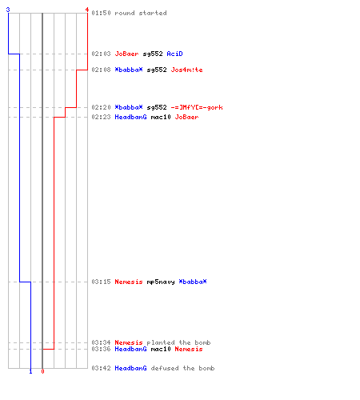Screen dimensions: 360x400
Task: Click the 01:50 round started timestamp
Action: [101, 13]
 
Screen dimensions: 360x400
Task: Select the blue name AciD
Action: [174, 54]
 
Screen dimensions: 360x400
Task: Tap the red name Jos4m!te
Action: [186, 70]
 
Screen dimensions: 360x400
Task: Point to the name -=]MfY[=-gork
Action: [197, 107]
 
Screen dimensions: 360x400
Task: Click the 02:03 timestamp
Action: [101, 54]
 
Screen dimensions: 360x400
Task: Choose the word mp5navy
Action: [161, 282]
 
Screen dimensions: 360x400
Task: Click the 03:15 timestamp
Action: [101, 282]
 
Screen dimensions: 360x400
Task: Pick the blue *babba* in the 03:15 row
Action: [193, 282]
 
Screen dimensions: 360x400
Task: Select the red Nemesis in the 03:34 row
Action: [129, 342]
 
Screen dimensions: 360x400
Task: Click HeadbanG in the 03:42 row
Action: [130, 368]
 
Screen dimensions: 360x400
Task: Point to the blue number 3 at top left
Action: [8, 10]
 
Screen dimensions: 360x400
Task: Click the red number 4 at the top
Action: [87, 10]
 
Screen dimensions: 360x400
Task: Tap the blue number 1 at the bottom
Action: [30, 371]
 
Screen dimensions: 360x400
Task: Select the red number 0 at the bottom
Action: [42, 371]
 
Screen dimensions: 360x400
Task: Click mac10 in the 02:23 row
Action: [161, 117]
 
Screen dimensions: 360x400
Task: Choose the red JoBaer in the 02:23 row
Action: [186, 117]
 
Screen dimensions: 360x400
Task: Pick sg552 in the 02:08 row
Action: [157, 70]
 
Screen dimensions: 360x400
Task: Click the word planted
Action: [161, 342]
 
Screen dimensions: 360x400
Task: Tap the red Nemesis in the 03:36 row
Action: [189, 349]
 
